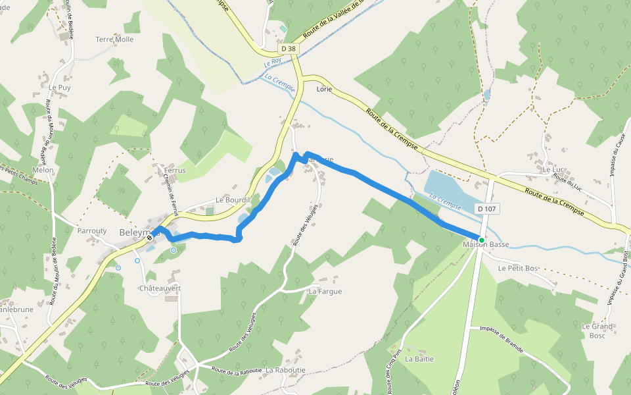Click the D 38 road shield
tap(288, 49)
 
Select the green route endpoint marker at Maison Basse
tap(482, 240)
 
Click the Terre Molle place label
tap(114, 39)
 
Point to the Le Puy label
tap(59, 87)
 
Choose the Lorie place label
tap(324, 88)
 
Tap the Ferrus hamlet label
tap(175, 171)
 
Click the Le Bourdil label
tap(233, 200)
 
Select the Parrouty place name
tap(92, 231)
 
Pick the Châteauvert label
tap(160, 289)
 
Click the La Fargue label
tap(325, 291)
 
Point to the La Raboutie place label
tap(287, 371)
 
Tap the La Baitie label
tap(419, 359)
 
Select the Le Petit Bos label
tap(518, 269)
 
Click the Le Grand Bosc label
tap(597, 331)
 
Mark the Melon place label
tap(43, 170)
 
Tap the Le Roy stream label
tap(272, 63)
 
